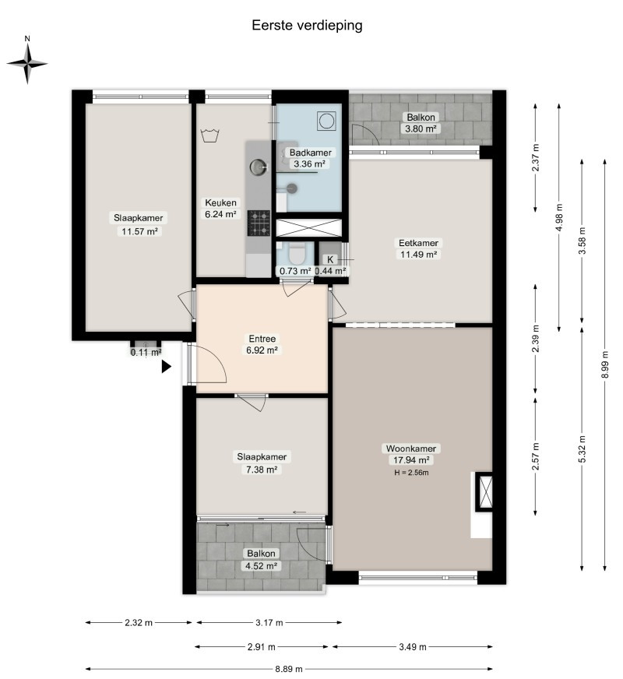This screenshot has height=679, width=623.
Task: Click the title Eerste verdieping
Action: point(307,26)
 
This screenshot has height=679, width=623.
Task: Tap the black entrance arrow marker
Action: point(166,366)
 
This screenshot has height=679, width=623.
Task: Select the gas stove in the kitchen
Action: point(259,223)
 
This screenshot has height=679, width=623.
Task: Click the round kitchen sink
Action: point(259,167)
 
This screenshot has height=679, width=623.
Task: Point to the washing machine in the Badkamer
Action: point(326,121)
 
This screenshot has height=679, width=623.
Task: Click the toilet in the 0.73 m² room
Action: point(297,254)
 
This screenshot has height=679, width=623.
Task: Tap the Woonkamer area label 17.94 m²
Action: point(411,460)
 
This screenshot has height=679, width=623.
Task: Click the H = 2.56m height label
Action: point(411,473)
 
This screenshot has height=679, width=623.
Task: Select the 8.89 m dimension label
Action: point(289,669)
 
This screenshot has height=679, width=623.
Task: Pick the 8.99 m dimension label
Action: point(605,364)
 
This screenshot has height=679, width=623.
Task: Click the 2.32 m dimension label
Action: point(139,623)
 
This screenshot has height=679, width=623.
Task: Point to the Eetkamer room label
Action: point(418,243)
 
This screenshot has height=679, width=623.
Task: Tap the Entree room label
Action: point(262,339)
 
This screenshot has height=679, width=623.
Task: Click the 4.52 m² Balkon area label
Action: point(261,565)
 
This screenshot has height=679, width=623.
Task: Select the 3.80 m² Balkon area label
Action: point(421,128)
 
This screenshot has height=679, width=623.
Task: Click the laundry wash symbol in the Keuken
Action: point(210,135)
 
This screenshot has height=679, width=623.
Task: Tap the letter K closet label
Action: point(330,259)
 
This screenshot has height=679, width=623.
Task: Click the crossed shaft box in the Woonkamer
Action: point(484,491)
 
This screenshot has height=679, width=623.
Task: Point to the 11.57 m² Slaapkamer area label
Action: point(139,231)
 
